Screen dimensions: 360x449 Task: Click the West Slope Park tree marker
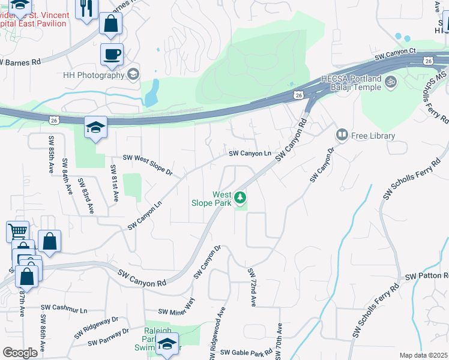[240, 197]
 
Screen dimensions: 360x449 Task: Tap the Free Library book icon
[342, 136]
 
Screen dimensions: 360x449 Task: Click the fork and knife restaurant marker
[86, 8]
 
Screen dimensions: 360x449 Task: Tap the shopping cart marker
[17, 231]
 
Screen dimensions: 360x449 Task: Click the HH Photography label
[94, 75]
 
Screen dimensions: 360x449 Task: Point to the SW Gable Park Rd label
[246, 353]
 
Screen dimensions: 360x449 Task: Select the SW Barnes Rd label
[21, 62]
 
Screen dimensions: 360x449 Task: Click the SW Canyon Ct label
[395, 55]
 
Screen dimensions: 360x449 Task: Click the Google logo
[20, 353]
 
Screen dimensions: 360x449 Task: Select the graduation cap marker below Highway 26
[95, 127]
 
